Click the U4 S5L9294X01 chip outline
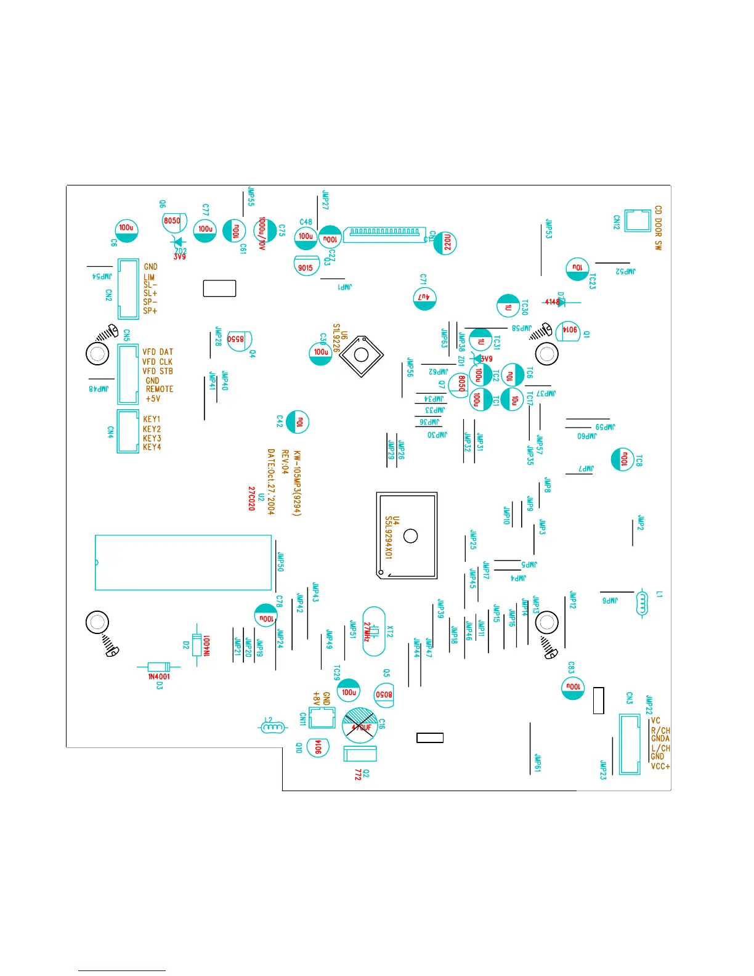click(407, 535)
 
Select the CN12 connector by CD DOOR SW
click(638, 221)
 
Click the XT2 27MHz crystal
click(374, 631)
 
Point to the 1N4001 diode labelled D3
click(159, 667)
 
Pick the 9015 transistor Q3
click(306, 266)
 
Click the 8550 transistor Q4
click(238, 340)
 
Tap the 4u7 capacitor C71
click(424, 298)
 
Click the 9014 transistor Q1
click(567, 331)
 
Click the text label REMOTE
click(160, 389)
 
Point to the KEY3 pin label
click(152, 438)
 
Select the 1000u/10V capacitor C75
click(264, 230)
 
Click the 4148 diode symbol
click(554, 302)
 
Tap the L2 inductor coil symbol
click(272, 727)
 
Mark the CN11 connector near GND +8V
click(321, 718)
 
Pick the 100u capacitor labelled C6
click(126, 230)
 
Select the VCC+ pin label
click(660, 767)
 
